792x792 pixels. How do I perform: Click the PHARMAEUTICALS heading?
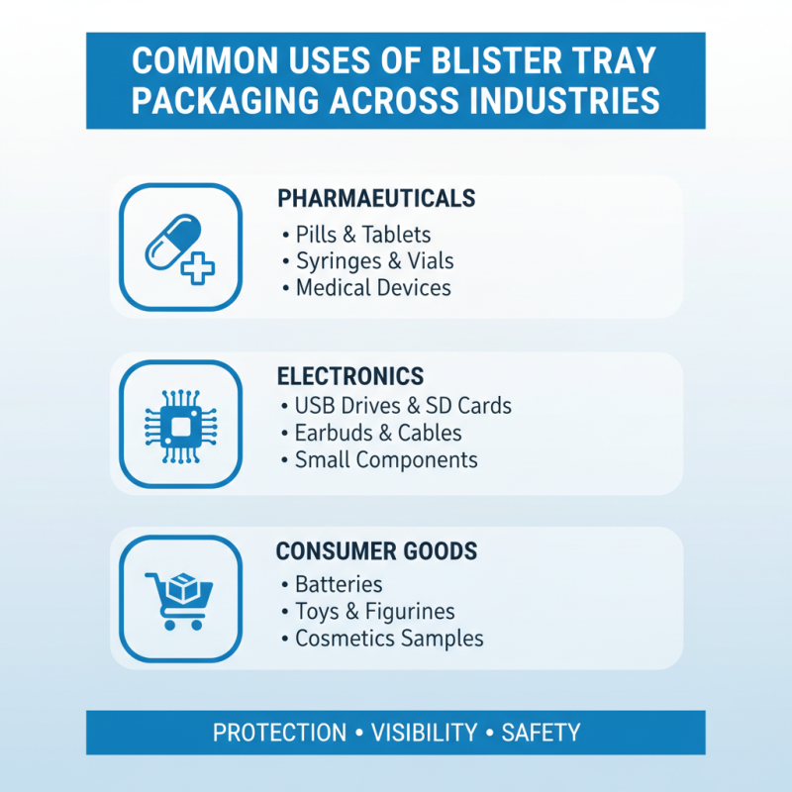click(376, 198)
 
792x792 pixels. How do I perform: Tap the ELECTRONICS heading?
click(350, 376)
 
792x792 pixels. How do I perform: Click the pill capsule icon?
click(170, 244)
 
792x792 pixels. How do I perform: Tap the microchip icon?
click(179, 426)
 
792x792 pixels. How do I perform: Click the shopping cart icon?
click(179, 599)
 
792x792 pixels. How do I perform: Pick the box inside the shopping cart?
click(185, 589)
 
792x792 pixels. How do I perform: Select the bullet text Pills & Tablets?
click(362, 235)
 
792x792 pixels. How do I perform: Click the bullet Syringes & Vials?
click(374, 261)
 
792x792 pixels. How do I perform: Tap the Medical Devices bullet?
click(373, 288)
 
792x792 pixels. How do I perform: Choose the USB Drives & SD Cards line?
click(403, 407)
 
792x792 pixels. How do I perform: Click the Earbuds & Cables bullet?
click(378, 434)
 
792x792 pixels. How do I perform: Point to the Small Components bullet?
click(386, 460)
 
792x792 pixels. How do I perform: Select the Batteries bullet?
click(339, 584)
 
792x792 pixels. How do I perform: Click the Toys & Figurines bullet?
click(374, 611)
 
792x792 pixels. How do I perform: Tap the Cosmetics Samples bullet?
click(389, 639)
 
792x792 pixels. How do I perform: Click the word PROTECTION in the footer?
click(280, 734)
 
